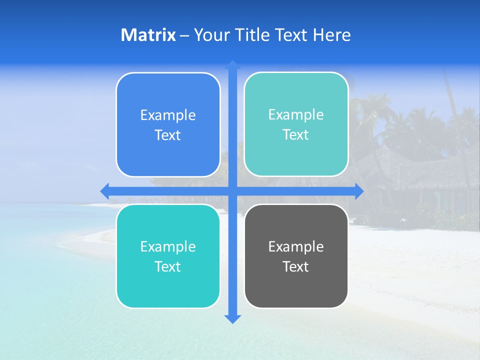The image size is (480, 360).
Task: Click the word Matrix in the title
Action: click(x=148, y=35)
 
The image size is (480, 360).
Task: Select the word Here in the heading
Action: click(x=332, y=35)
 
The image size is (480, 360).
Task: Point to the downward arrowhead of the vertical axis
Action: click(x=232, y=318)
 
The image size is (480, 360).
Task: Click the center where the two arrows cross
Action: click(x=232, y=191)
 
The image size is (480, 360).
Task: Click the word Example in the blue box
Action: click(x=168, y=115)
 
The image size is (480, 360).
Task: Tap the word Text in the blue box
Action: click(x=168, y=135)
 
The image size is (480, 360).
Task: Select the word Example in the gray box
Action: click(x=296, y=246)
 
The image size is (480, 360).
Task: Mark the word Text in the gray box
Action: click(x=296, y=266)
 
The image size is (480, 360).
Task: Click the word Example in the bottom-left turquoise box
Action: click(x=168, y=246)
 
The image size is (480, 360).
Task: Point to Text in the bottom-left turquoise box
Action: click(x=168, y=266)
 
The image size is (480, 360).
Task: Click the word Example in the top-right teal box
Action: click(x=296, y=115)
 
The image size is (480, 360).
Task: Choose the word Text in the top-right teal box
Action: click(x=296, y=135)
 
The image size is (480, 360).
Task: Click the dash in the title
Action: click(x=184, y=35)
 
